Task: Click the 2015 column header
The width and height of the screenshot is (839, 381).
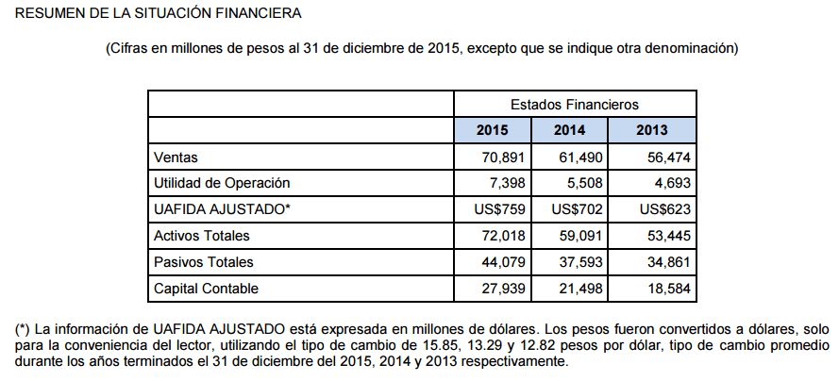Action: coord(493,130)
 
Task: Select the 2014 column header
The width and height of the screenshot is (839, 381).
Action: coord(569,130)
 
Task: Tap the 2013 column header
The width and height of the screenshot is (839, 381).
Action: coord(652,130)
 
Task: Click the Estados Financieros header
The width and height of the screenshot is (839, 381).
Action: coord(575,104)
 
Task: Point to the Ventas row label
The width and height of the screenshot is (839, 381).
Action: coord(176,157)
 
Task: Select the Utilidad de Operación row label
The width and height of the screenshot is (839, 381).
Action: coord(222,183)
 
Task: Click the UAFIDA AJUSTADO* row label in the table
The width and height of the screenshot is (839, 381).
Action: coord(222,209)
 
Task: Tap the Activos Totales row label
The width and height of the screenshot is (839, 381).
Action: coord(202,236)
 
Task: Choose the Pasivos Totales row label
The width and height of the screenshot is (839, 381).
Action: coord(203,262)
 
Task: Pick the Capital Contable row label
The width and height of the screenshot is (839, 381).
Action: coord(206,289)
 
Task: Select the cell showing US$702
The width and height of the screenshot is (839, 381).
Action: coord(577,209)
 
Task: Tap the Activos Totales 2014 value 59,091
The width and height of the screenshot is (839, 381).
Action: coord(581,236)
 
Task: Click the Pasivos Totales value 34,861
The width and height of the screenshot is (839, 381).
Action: coord(669,262)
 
